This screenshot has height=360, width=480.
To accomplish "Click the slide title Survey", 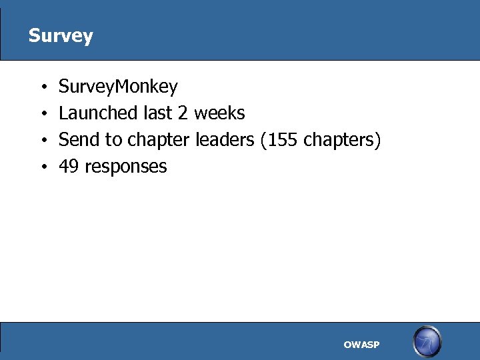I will click(x=61, y=35).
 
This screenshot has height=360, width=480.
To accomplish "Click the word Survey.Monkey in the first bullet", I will click(x=118, y=87).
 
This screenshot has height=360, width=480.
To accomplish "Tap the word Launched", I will click(x=98, y=113).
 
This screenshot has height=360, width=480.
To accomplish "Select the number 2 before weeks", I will click(x=183, y=113).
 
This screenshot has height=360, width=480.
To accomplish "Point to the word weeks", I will click(x=219, y=113).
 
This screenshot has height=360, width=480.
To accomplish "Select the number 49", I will click(x=69, y=167).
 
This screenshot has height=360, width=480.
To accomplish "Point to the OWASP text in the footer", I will click(x=361, y=345).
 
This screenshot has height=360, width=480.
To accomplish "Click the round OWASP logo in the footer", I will click(x=427, y=342).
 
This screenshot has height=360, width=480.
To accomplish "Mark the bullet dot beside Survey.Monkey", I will click(x=42, y=87).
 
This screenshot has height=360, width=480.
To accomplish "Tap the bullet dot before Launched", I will click(x=42, y=114).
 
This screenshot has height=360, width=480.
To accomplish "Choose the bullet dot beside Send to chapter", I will click(x=42, y=141).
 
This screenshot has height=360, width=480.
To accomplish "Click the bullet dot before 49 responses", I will click(x=42, y=167).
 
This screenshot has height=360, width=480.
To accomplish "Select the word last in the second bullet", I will click(x=157, y=113).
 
